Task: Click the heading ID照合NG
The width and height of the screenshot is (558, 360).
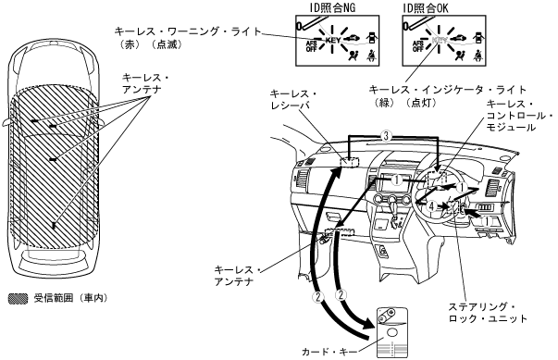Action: (x=332, y=7)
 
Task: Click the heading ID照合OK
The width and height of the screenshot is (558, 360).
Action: (x=426, y=7)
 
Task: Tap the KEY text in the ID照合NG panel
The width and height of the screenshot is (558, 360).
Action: (x=333, y=40)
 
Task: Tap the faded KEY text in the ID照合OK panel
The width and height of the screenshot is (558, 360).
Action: (x=440, y=40)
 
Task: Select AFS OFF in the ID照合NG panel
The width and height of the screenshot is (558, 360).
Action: (x=311, y=46)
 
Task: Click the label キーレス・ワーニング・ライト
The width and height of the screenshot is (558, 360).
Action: (x=188, y=31)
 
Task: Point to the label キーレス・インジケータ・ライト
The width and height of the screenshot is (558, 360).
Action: (x=447, y=89)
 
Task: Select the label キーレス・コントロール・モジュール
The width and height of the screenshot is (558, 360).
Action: (x=519, y=116)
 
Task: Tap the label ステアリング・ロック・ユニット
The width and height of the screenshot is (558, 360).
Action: (x=487, y=313)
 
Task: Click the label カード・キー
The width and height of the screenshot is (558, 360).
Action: (x=329, y=352)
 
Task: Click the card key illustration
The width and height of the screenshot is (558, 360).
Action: (x=392, y=332)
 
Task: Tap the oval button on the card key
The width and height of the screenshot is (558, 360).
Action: (x=392, y=332)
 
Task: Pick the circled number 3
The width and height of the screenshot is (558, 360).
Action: (x=386, y=136)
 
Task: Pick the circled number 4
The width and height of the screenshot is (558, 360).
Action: (x=431, y=205)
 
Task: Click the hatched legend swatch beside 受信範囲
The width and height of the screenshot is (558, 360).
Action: (x=18, y=299)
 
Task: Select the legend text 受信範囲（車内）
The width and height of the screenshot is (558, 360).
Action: (x=70, y=298)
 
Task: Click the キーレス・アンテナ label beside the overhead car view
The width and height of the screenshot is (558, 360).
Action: (x=145, y=83)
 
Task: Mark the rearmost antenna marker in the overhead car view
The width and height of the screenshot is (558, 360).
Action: (x=54, y=225)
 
